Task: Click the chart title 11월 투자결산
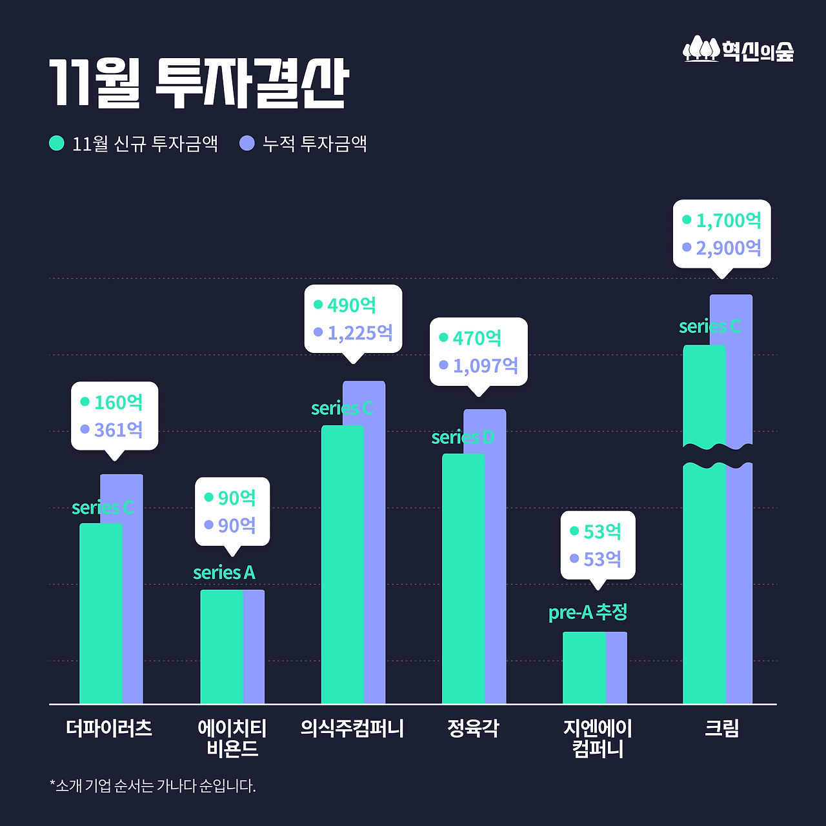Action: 199,84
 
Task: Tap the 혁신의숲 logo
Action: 738,50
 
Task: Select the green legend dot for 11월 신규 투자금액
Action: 57,143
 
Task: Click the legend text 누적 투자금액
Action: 314,143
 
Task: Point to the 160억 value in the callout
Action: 118,403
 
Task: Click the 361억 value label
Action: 118,430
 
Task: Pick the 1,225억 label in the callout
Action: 360,333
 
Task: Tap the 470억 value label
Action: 477,338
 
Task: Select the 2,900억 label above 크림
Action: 729,248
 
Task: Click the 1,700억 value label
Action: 729,221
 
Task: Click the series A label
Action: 224,572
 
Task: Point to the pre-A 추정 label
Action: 587,612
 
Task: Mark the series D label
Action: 462,438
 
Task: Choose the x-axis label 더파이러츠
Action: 109,729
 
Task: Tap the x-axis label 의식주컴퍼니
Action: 352,729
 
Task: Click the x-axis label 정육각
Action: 473,729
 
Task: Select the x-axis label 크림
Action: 721,729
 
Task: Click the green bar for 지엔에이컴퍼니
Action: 583,668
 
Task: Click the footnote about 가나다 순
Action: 153,786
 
